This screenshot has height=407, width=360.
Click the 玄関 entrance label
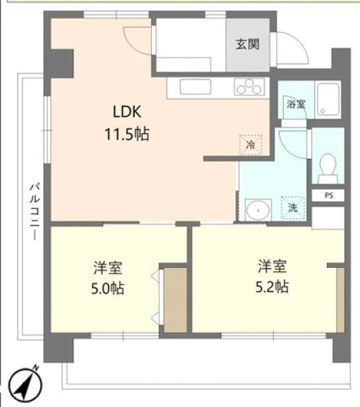tap(247, 44)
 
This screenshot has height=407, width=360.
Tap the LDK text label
tap(127, 112)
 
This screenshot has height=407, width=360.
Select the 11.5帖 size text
tap(127, 134)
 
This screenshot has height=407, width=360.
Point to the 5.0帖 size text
tap(108, 288)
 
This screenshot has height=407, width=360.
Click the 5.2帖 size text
tap(272, 286)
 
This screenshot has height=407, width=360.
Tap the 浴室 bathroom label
tap(296, 104)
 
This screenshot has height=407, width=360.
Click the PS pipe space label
tap(329, 195)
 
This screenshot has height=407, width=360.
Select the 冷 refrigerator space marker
tap(251, 145)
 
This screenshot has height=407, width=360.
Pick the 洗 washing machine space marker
tap(293, 208)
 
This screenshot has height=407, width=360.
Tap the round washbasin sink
tap(258, 210)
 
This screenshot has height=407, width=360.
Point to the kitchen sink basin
tap(195, 87)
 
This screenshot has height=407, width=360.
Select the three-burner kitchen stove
tap(249, 87)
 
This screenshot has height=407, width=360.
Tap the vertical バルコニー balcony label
tap(35, 212)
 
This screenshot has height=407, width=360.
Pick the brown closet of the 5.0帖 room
tap(176, 300)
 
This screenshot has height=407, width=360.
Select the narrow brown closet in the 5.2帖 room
tap(340, 300)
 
